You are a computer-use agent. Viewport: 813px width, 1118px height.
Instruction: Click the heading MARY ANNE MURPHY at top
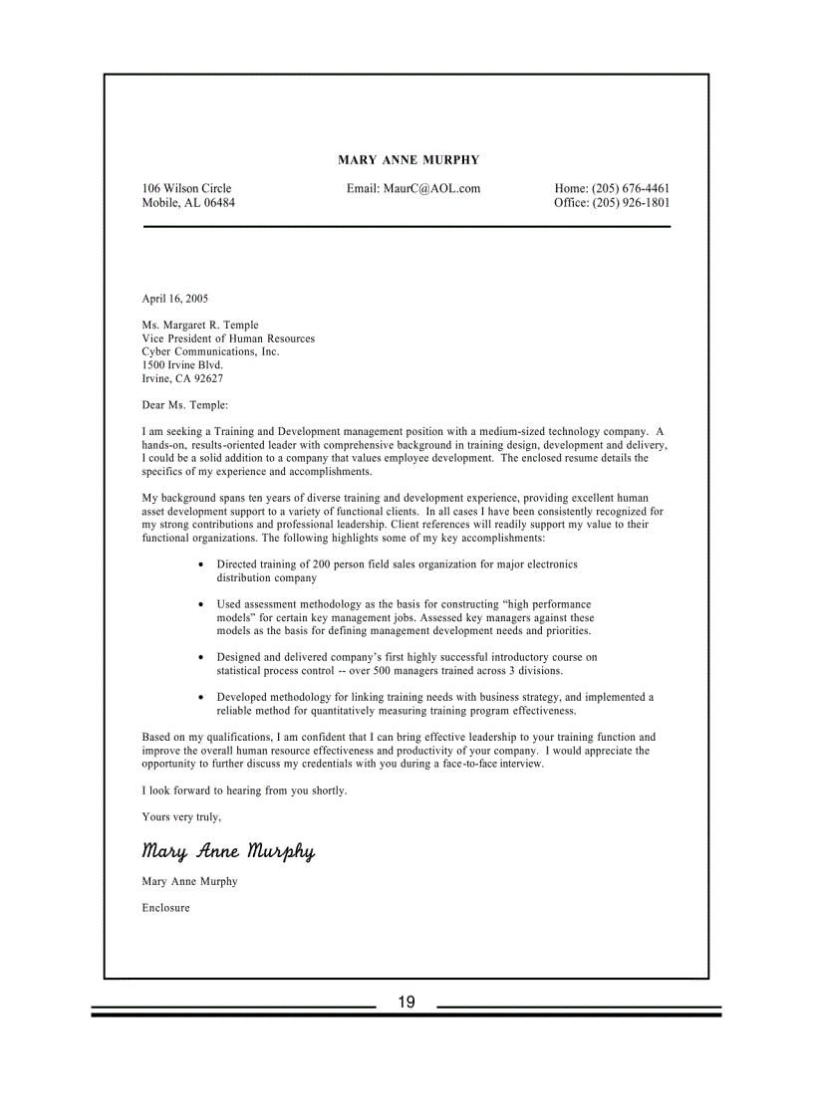408,160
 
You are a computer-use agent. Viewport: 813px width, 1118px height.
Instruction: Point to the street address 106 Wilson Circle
186,189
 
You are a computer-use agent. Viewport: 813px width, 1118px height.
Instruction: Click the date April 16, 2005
175,299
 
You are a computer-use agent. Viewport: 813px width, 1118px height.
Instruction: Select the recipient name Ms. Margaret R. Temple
200,326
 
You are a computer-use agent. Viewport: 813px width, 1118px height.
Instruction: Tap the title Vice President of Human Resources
228,338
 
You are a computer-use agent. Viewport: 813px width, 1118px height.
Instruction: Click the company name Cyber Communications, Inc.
210,352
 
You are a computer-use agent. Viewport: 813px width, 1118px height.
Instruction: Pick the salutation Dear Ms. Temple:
185,405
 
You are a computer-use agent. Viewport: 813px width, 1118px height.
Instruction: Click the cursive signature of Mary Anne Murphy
228,851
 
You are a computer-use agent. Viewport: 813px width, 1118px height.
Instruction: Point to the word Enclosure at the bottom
165,908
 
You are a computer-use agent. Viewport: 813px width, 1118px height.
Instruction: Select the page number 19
406,1003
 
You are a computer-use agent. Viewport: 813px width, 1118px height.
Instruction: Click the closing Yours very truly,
181,817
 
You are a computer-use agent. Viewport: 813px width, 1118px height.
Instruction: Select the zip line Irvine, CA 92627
182,379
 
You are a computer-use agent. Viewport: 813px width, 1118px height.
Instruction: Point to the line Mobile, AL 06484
188,203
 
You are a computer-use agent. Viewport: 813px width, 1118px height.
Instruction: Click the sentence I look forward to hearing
244,790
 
